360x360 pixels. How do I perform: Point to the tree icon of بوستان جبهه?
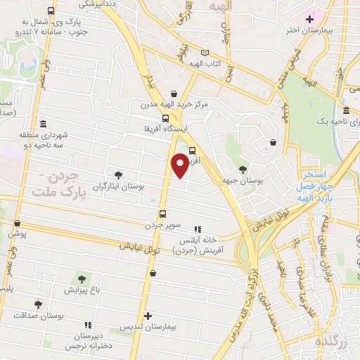pyautogui.click(x=243, y=169)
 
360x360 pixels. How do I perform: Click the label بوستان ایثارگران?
pyautogui.click(x=117, y=186)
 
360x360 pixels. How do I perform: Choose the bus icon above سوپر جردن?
pyautogui.click(x=162, y=214)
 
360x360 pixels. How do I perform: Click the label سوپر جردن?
pyautogui.click(x=163, y=226)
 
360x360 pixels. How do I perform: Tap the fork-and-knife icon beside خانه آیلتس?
pyautogui.click(x=198, y=229)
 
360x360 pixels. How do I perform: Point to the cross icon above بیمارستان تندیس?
pyautogui.click(x=147, y=316)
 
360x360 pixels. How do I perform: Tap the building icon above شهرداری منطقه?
pyautogui.click(x=44, y=123)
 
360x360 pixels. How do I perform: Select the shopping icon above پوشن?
pyautogui.click(x=16, y=224)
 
